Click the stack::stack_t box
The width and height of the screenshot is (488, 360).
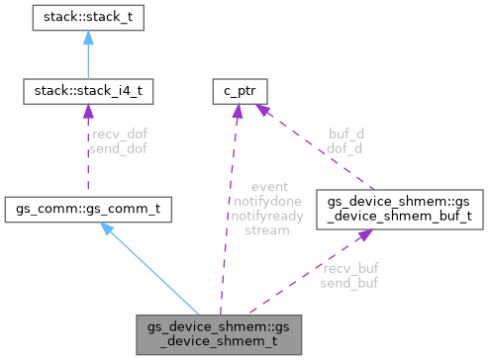pyautogui.click(x=87, y=17)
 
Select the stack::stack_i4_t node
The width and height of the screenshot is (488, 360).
pyautogui.click(x=87, y=94)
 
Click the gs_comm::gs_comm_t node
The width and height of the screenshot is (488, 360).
pyautogui.click(x=87, y=210)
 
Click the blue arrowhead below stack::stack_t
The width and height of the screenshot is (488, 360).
pyautogui.click(x=87, y=37)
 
